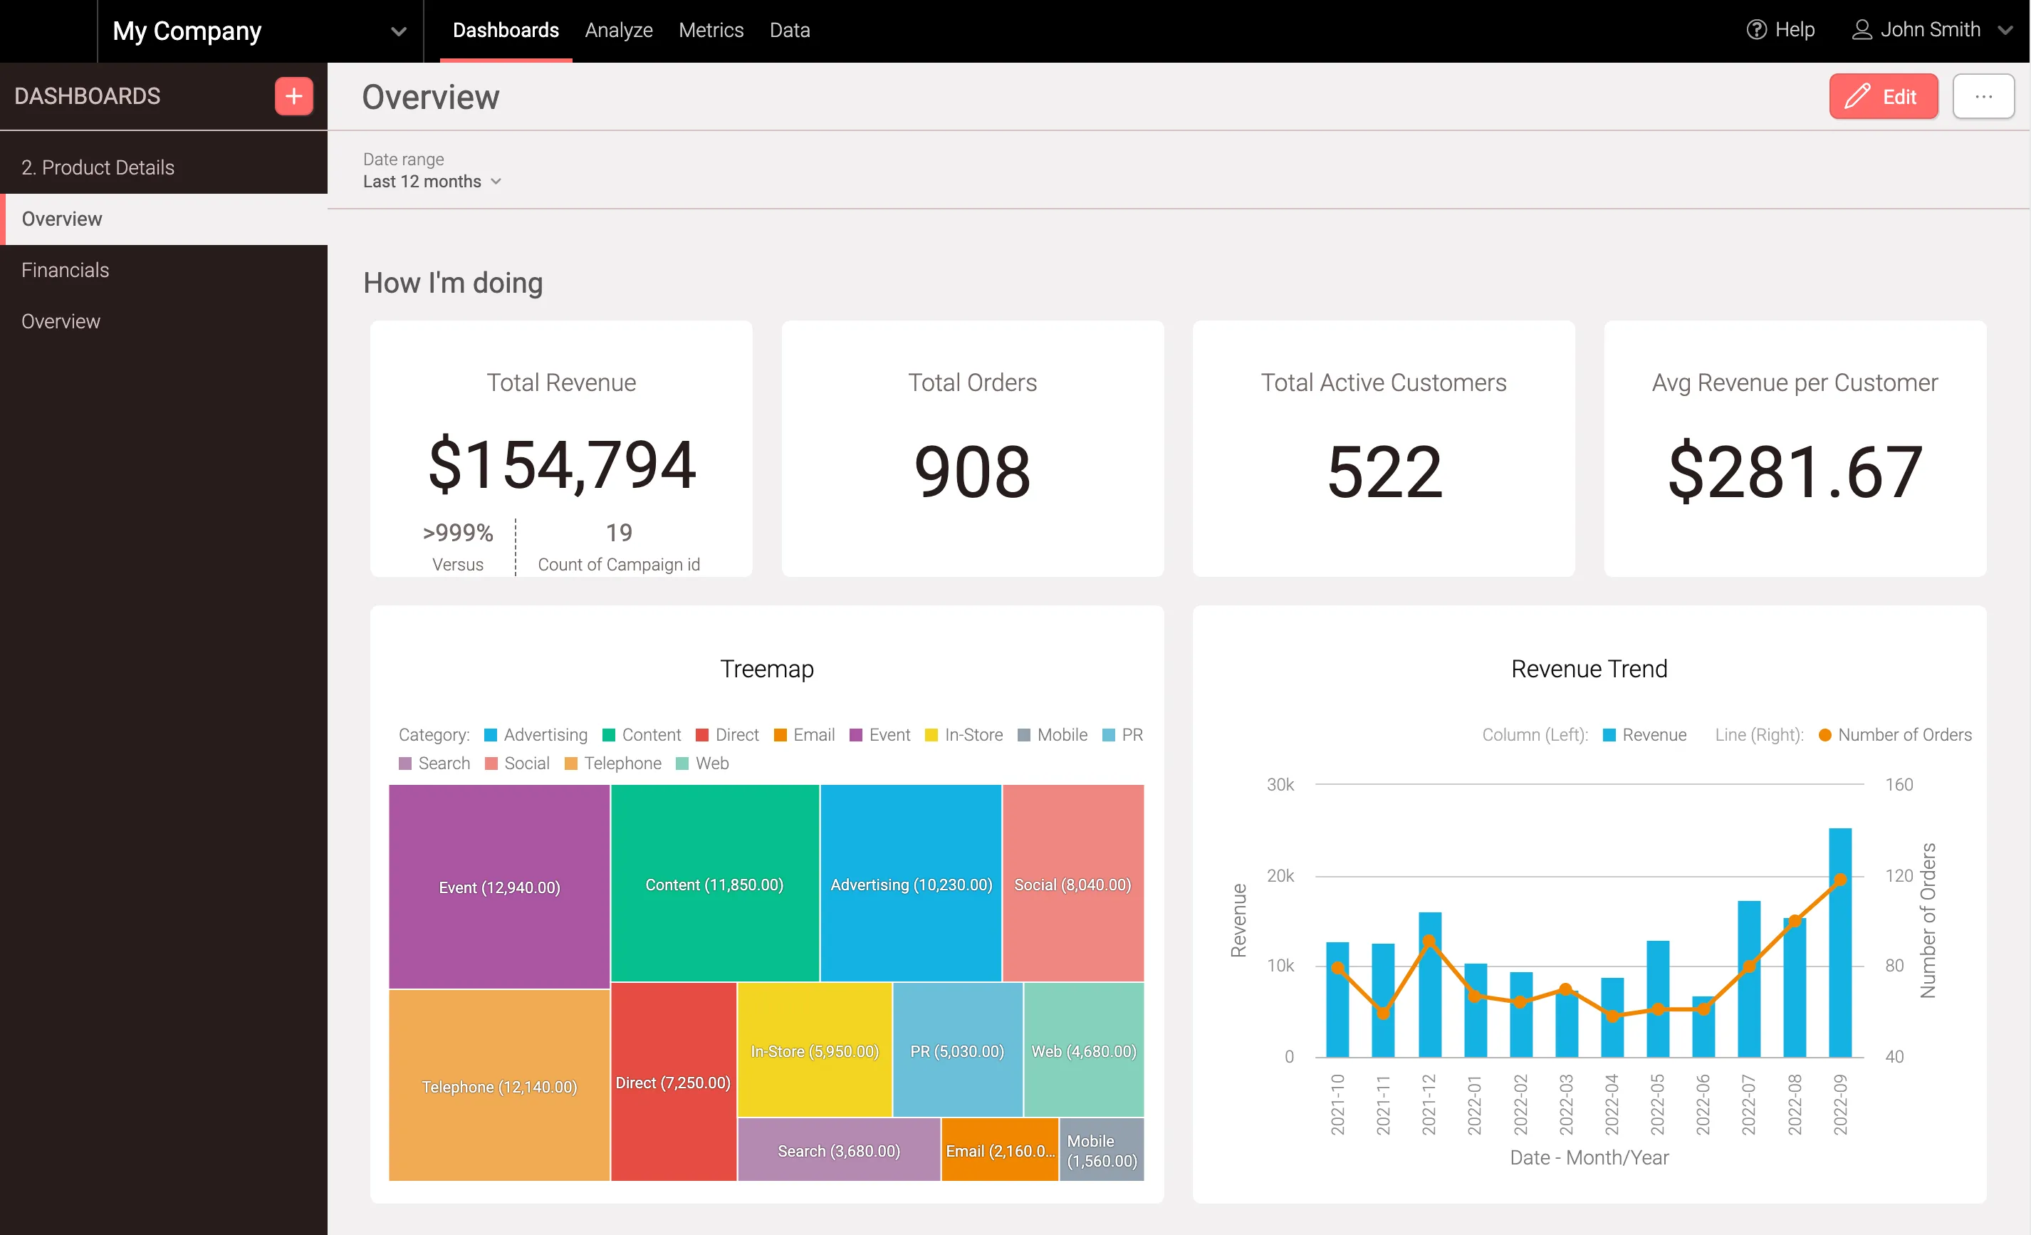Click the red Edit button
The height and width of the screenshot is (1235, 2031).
[1883, 98]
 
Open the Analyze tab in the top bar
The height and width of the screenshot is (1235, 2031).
[618, 31]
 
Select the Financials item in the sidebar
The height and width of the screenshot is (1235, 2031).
[65, 271]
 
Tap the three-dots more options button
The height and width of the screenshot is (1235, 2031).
[1983, 98]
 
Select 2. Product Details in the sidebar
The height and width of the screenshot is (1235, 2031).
[98, 167]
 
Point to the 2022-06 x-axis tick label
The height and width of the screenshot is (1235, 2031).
[1702, 1104]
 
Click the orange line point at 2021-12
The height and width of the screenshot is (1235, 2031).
[1429, 942]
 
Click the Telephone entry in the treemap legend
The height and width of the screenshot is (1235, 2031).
[613, 764]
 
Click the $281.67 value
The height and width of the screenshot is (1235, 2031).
[1795, 472]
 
